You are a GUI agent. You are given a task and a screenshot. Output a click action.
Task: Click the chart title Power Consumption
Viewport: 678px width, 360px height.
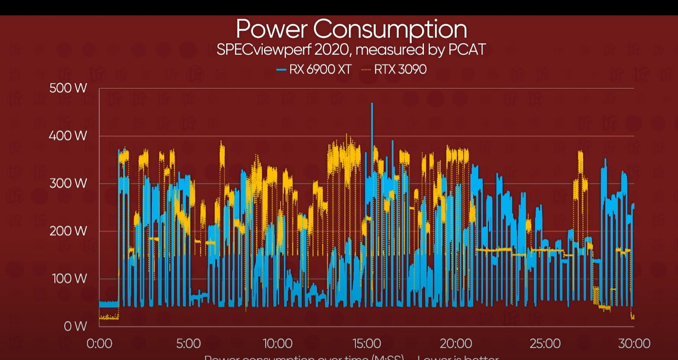(351, 29)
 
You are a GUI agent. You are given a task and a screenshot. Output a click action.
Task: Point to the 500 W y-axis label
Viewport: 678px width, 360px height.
(68, 88)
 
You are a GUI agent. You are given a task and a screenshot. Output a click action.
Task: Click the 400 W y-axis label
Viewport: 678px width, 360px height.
(68, 136)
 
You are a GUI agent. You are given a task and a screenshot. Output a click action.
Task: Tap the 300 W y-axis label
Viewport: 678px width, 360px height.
(68, 184)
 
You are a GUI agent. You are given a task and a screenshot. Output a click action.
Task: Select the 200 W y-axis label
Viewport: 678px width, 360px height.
(68, 231)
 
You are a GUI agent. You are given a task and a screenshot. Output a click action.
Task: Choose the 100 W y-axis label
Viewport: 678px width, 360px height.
(68, 279)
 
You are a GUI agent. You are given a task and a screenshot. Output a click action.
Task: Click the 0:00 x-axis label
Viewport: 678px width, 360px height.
(99, 344)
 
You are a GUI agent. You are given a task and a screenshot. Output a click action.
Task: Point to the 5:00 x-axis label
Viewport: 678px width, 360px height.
(188, 344)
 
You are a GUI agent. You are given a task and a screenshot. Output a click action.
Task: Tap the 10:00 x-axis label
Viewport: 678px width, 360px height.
(277, 344)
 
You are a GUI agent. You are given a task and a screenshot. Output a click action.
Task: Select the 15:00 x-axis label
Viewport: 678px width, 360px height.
(366, 344)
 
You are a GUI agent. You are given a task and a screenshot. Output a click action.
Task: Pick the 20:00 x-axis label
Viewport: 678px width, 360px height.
(456, 344)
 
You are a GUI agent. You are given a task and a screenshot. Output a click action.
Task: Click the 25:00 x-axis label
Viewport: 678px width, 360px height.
(545, 344)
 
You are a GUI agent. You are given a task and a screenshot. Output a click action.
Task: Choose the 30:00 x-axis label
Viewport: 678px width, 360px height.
(634, 344)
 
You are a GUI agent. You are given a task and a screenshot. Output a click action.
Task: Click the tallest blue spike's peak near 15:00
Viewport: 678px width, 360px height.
(372, 104)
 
